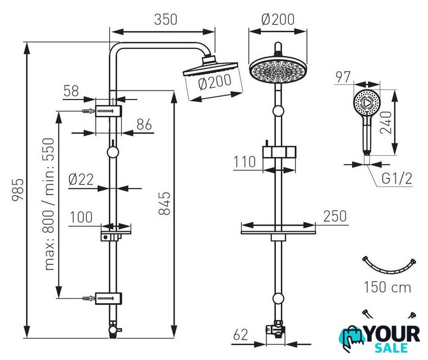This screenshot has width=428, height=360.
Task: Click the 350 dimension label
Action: (x=166, y=19)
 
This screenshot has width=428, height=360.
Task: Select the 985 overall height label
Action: (x=18, y=190)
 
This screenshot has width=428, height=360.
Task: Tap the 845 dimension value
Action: (x=164, y=204)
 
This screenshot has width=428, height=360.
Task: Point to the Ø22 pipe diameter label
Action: (x=81, y=179)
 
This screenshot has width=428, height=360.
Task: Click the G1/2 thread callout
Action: (x=396, y=179)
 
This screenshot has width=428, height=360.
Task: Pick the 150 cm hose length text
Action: (x=387, y=287)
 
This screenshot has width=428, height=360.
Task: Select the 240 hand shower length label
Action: (x=386, y=123)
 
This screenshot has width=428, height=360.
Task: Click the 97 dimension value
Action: (x=343, y=77)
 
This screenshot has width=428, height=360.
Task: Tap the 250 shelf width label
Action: (x=335, y=216)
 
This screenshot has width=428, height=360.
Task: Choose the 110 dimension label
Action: (x=245, y=162)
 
